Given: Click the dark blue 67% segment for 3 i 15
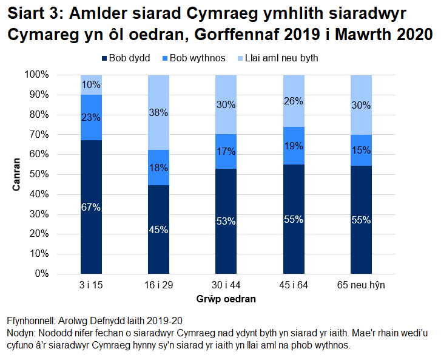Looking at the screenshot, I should click(x=91, y=206).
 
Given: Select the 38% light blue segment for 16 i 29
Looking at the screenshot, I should click(x=159, y=112).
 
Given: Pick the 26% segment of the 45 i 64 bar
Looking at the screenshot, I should click(x=294, y=101).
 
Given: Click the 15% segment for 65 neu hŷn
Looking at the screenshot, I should click(x=361, y=150).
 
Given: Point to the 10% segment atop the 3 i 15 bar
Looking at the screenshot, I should click(x=91, y=84).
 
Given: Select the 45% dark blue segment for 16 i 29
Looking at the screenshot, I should click(x=159, y=229).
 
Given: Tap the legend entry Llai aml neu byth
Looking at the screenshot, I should click(x=280, y=58).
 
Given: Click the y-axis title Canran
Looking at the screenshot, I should click(x=18, y=174).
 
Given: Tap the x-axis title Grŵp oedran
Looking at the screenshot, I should click(x=226, y=299).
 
